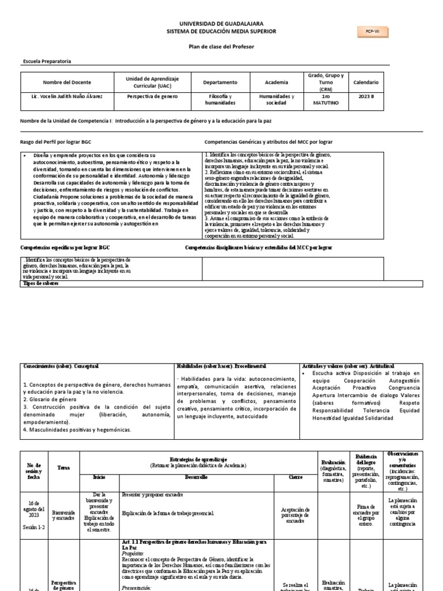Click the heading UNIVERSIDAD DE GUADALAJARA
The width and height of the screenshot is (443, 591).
(221, 23)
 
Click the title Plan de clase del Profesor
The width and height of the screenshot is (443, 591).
(221, 46)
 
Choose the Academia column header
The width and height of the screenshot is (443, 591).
(276, 82)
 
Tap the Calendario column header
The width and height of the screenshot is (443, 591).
(366, 82)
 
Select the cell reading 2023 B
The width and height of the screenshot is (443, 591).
(366, 96)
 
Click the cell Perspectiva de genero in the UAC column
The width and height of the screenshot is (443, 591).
(153, 96)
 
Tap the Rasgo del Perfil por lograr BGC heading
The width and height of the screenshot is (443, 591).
(56, 141)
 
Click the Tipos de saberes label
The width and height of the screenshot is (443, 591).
(40, 283)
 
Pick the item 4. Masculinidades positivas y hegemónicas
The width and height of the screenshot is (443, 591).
(77, 429)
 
